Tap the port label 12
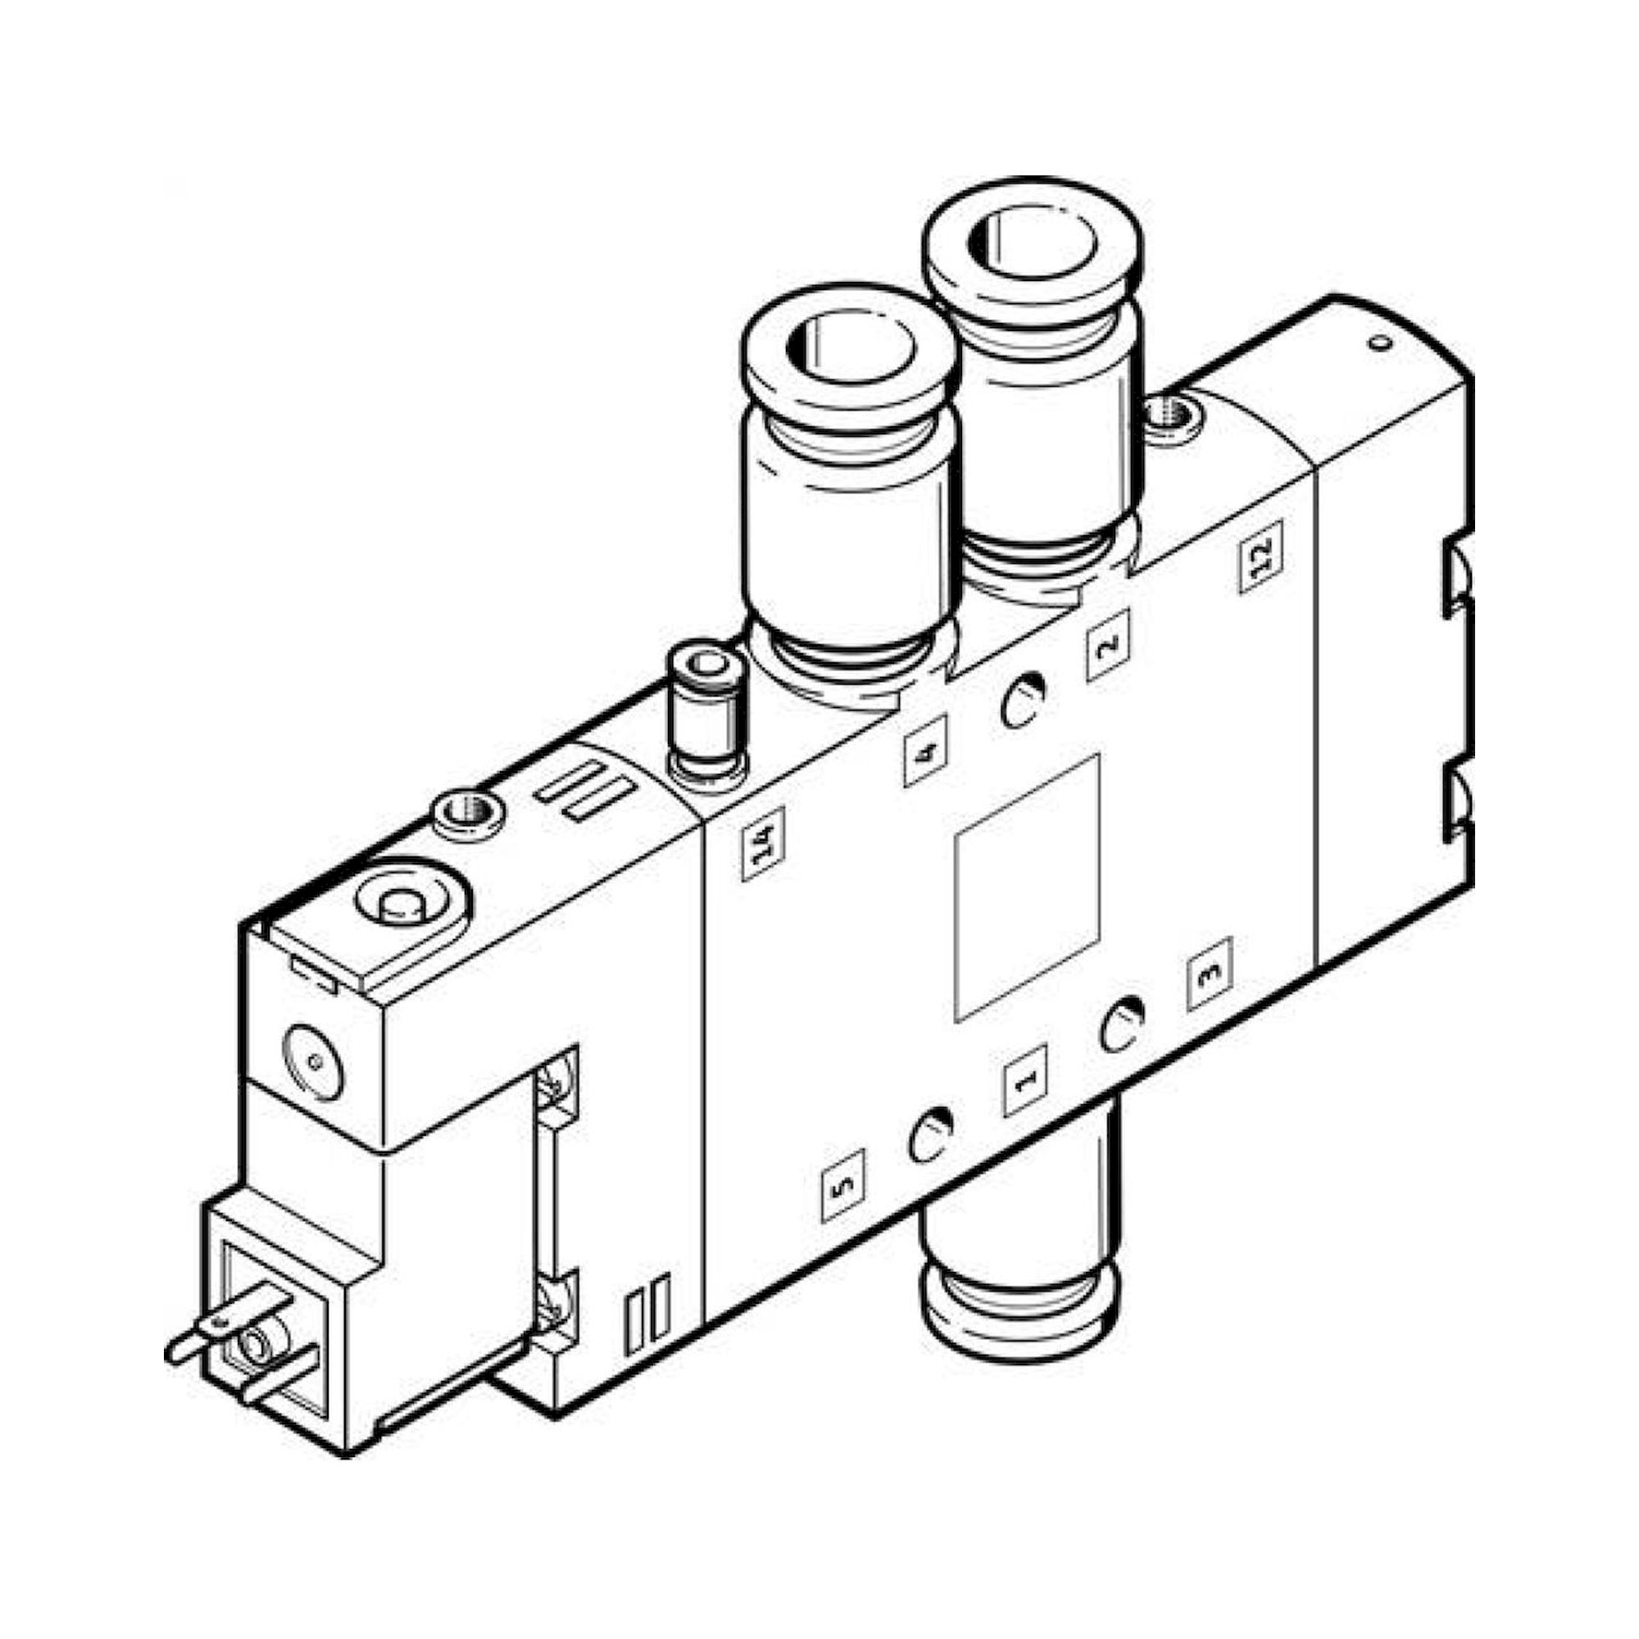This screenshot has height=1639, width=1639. tap(1260, 556)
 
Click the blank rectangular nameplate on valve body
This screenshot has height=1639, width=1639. tap(1027, 888)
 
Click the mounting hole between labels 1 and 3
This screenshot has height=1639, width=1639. tap(1122, 1024)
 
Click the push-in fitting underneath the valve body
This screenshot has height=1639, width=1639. tap(1018, 1298)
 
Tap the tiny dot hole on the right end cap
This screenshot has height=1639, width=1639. tap(1381, 343)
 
